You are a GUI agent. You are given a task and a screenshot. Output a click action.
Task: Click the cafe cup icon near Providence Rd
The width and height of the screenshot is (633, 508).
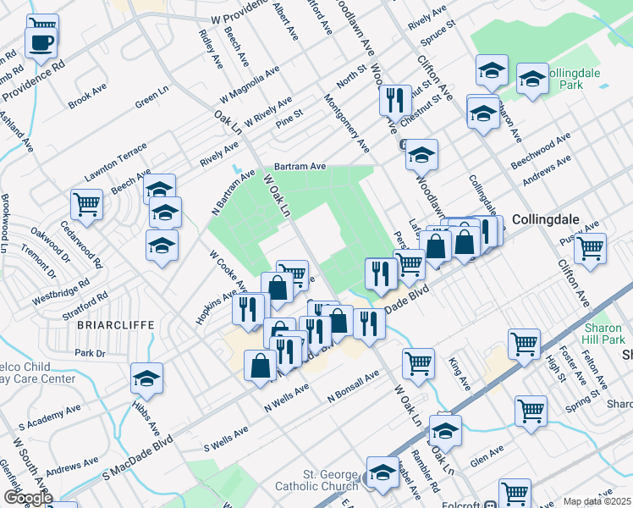(x=41, y=41)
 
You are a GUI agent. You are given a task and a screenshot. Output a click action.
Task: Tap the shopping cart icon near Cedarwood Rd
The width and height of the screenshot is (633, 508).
(x=87, y=203)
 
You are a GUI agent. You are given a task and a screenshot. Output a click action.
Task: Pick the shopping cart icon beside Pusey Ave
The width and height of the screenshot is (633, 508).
(x=590, y=248)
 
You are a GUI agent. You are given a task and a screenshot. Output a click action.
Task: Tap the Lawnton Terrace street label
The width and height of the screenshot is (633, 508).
(x=116, y=163)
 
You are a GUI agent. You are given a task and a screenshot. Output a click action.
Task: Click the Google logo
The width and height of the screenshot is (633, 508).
(x=27, y=498)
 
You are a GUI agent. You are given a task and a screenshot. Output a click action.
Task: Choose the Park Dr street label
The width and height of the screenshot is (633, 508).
(x=89, y=352)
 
